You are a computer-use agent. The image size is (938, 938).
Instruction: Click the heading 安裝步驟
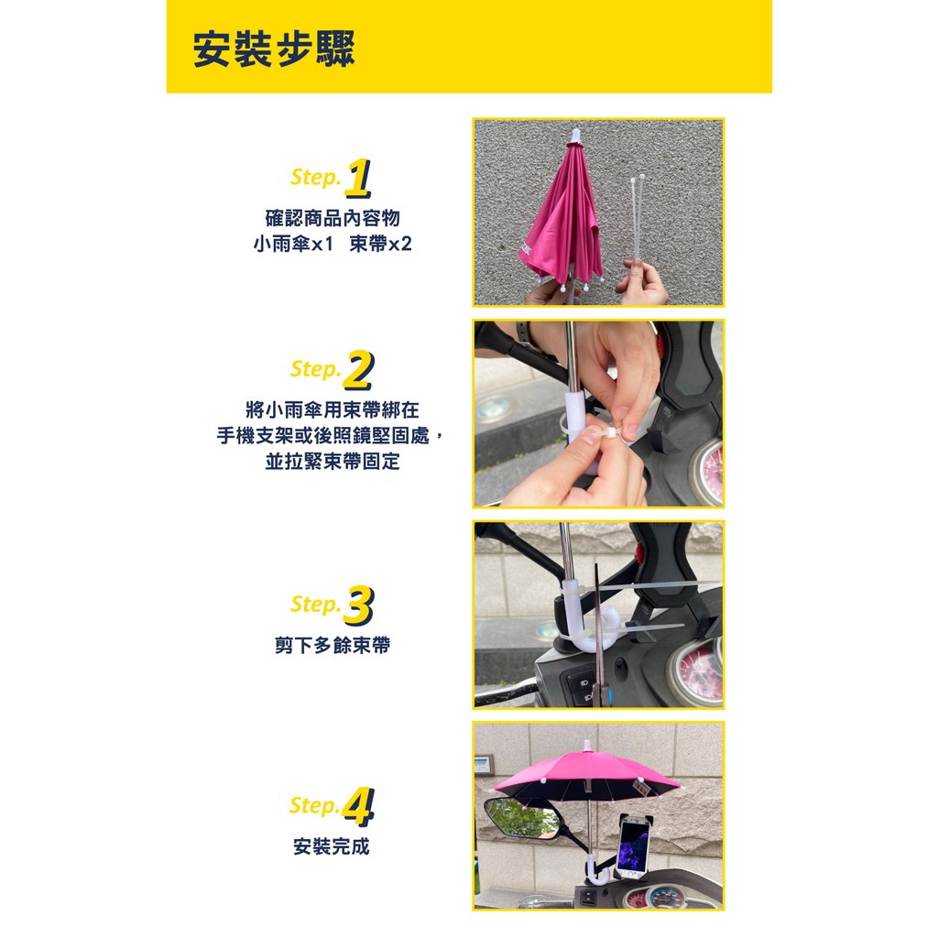pyautogui.click(x=275, y=49)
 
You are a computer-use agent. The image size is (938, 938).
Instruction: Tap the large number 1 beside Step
pyautogui.click(x=358, y=179)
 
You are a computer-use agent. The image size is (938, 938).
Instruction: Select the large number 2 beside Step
pyautogui.click(x=358, y=370)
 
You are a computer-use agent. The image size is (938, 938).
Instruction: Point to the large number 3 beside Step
pyautogui.click(x=358, y=605)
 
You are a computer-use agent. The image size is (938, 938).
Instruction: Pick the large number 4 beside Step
pyautogui.click(x=358, y=807)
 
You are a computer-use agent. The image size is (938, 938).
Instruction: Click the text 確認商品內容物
pyautogui.click(x=333, y=218)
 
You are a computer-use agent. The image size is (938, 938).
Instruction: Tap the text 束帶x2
pyautogui.click(x=380, y=244)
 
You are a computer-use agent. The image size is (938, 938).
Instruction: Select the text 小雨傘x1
pyautogui.click(x=293, y=244)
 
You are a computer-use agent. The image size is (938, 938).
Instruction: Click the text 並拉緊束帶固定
pyautogui.click(x=333, y=462)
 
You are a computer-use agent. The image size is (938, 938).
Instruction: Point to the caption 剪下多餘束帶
pyautogui.click(x=333, y=645)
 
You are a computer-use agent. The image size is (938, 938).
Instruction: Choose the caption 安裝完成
pyautogui.click(x=332, y=846)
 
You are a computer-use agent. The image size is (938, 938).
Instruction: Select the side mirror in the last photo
pyautogui.click(x=521, y=818)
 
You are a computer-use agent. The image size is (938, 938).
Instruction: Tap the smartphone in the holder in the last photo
pyautogui.click(x=634, y=845)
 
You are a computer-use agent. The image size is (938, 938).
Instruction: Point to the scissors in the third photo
pyautogui.click(x=600, y=634)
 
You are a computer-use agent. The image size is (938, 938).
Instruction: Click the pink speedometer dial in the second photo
pyautogui.click(x=709, y=472)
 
